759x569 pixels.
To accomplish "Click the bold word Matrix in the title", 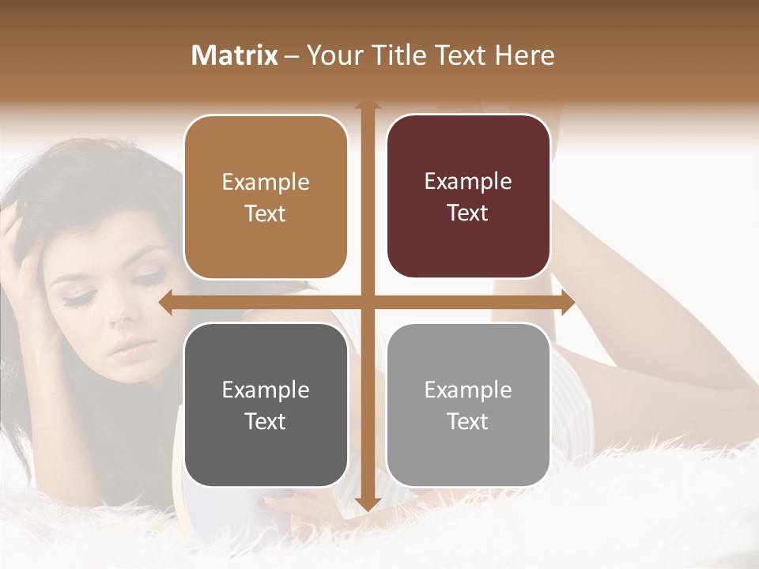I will (234, 55).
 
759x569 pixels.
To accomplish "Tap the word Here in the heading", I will (524, 55).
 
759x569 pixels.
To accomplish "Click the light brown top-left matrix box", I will (266, 197).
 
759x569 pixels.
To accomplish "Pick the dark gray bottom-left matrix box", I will (266, 405).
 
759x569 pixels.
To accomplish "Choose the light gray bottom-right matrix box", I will (468, 405).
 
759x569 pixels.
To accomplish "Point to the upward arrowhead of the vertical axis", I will (367, 105).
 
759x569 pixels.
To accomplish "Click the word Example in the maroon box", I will (468, 181).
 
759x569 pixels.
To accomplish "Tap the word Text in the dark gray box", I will (266, 421).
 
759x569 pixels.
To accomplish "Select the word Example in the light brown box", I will (266, 182).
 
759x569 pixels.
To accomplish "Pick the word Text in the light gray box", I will (468, 421).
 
